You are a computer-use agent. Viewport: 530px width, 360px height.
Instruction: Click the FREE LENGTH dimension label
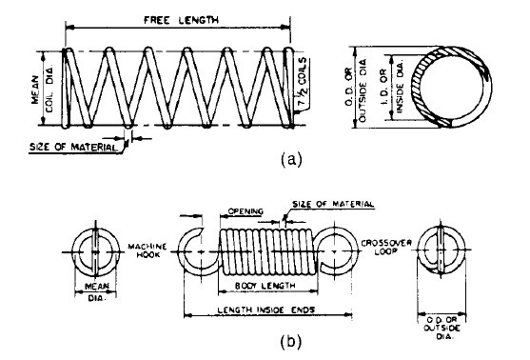click(181, 20)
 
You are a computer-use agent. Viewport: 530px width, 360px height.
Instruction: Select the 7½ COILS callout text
click(303, 82)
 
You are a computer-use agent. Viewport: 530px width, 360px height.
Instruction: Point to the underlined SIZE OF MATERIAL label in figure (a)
click(73, 148)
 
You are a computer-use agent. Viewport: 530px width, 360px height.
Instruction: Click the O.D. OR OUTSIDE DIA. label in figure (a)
click(356, 90)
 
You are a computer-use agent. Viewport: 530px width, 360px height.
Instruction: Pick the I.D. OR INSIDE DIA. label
click(391, 87)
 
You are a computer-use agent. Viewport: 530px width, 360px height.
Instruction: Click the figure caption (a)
click(290, 159)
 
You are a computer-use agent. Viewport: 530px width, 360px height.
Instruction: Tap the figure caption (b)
click(290, 342)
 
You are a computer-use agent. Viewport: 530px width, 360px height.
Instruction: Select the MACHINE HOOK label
click(147, 250)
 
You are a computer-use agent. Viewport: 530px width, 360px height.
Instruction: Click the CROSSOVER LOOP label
click(386, 247)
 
